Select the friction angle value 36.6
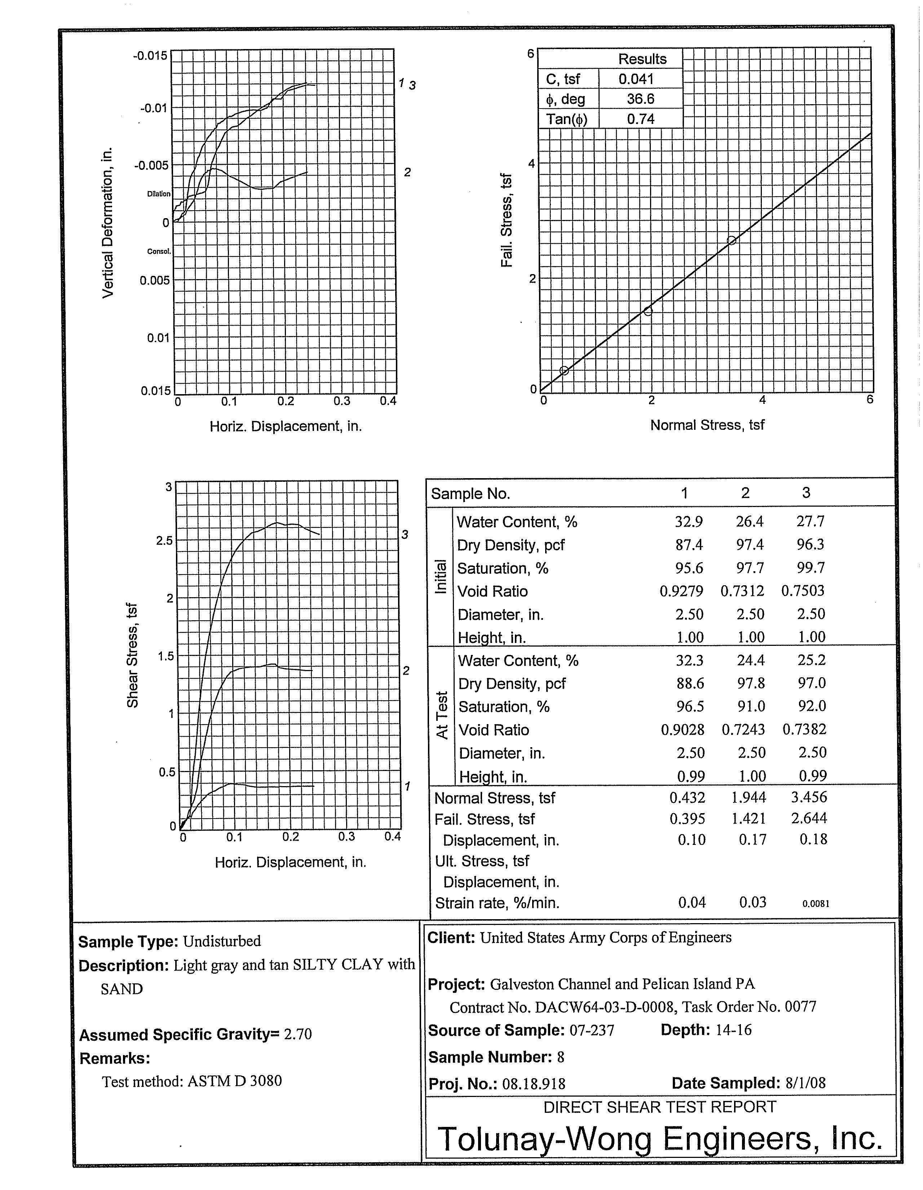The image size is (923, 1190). click(640, 99)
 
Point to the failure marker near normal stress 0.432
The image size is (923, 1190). click(565, 370)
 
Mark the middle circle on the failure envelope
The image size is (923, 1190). click(648, 311)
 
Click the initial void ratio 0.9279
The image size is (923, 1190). click(681, 591)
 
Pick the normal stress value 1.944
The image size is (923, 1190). click(748, 797)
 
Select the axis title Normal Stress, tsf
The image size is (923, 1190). click(707, 425)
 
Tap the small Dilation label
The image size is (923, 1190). click(159, 194)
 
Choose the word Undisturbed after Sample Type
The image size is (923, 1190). click(222, 941)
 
